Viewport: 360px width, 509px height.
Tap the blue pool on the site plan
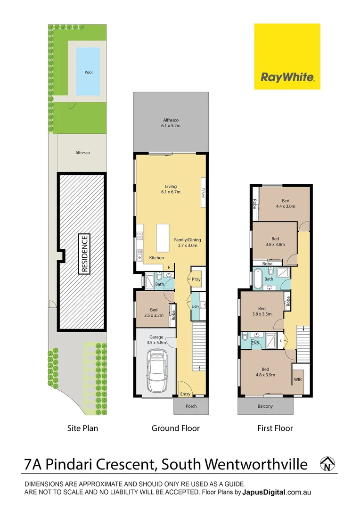(x=89, y=71)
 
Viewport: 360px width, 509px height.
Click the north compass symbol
(x=326, y=464)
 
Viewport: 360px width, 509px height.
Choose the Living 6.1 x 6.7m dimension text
(x=170, y=189)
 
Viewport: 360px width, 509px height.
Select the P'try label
(x=196, y=280)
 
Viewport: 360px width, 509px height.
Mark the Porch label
(x=191, y=406)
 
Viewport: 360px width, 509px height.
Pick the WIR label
(x=298, y=379)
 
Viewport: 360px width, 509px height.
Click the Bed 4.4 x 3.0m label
(x=286, y=203)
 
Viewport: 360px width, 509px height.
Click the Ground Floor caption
(x=175, y=428)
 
